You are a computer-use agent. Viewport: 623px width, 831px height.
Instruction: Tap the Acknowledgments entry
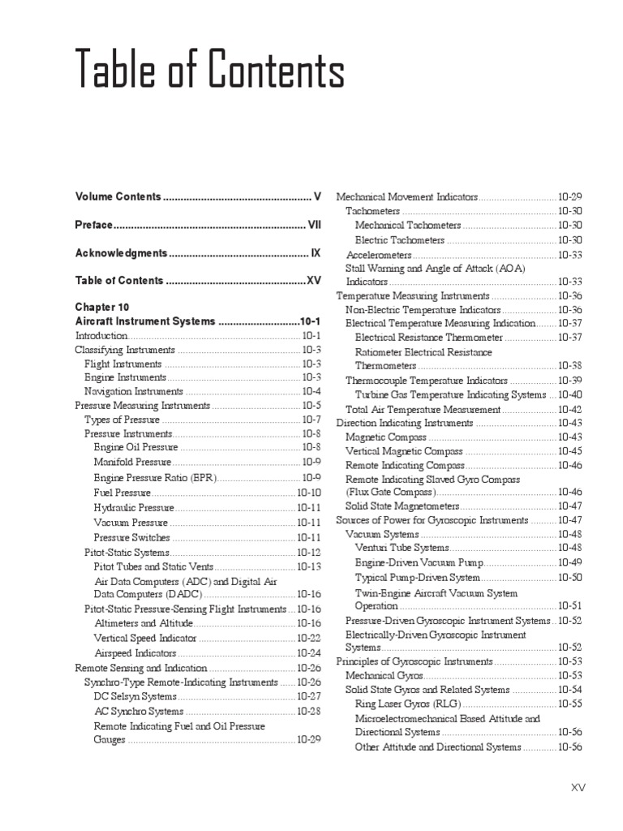click(121, 253)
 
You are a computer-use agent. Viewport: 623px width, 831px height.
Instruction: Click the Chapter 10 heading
click(102, 308)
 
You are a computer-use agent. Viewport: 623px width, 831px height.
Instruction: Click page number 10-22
click(309, 638)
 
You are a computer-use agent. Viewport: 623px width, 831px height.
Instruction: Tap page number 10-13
click(309, 566)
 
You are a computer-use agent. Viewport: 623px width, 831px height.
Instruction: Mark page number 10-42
click(569, 409)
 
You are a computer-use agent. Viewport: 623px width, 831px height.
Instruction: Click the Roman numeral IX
click(316, 253)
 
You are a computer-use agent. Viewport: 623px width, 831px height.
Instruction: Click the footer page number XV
click(578, 787)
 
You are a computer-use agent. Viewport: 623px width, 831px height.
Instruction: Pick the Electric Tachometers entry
click(400, 239)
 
